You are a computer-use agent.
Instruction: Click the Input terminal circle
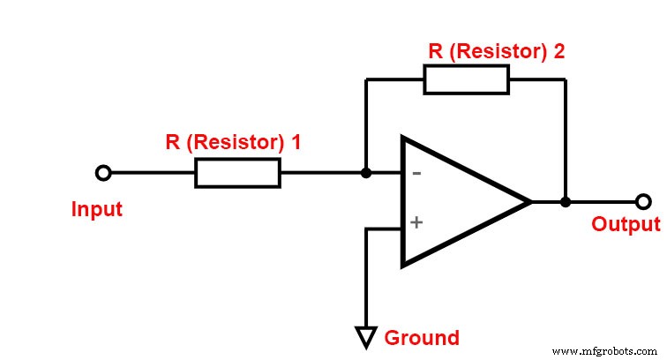(x=103, y=173)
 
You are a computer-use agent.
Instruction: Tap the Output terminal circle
(x=644, y=202)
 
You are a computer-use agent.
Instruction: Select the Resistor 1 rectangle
(x=237, y=173)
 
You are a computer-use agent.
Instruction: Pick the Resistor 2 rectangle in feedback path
(x=466, y=79)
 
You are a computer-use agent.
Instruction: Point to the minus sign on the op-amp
(x=416, y=173)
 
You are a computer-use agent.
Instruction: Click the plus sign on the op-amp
(x=416, y=222)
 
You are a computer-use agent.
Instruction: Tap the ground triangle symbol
(x=365, y=335)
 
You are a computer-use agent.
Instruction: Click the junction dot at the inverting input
(x=365, y=173)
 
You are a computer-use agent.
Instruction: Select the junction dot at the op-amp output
(x=566, y=202)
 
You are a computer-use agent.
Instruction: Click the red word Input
(x=97, y=210)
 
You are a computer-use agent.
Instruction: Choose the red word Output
(x=626, y=224)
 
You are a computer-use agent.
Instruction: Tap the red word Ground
(x=422, y=338)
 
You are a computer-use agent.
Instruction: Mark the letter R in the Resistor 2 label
(x=435, y=50)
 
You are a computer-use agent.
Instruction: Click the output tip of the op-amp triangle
(x=530, y=202)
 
